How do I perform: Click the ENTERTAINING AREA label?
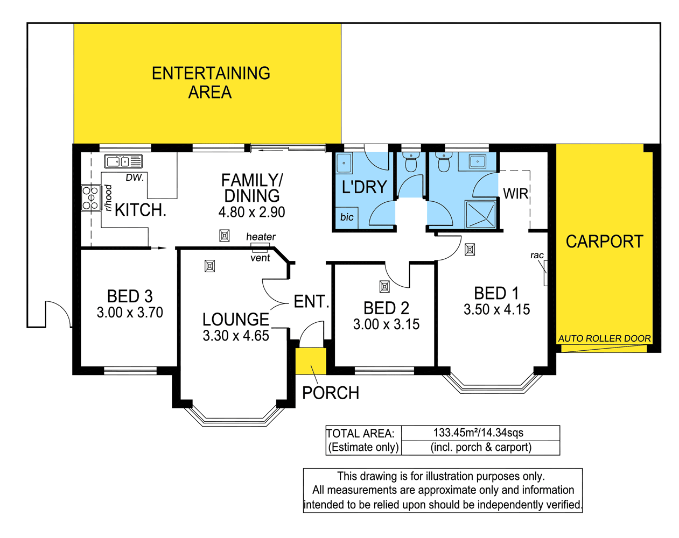[x=211, y=82]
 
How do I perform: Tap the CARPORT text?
[x=604, y=242]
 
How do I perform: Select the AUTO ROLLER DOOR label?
[x=604, y=338]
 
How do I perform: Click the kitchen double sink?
[x=123, y=161]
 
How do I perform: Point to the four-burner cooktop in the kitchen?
[x=90, y=198]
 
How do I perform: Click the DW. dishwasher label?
[x=135, y=178]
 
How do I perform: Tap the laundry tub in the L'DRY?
[x=344, y=163]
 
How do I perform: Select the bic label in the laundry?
[x=347, y=217]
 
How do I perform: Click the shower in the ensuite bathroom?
[x=480, y=215]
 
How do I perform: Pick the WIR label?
[x=515, y=194]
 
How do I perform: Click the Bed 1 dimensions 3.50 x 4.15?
[x=496, y=309]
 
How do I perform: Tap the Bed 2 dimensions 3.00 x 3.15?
[x=386, y=324]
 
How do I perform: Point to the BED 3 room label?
[x=130, y=296]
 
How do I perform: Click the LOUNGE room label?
[x=235, y=319]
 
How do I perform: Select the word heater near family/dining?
[x=261, y=237]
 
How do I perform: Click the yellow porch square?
[x=311, y=361]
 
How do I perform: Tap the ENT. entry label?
[x=311, y=301]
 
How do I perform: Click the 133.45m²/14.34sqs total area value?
[x=478, y=433]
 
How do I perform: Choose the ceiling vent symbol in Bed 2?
[x=384, y=287]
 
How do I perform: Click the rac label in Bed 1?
[x=537, y=255]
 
